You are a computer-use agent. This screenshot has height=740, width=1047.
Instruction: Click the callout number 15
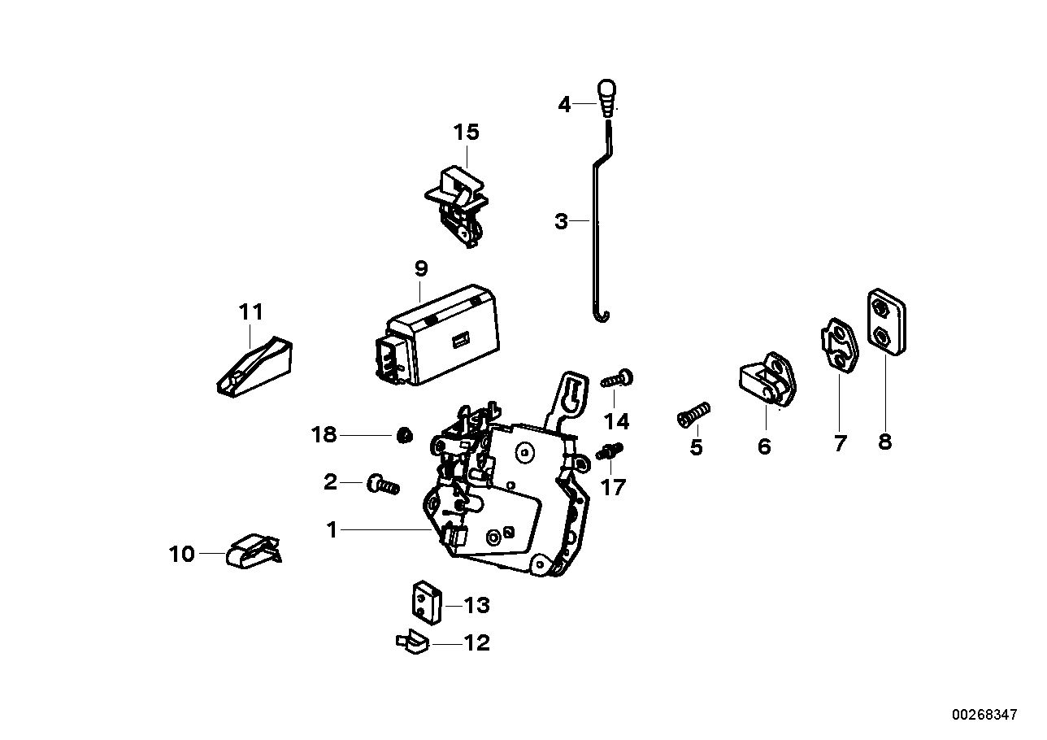point(467,132)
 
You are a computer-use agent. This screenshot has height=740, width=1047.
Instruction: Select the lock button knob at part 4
point(607,98)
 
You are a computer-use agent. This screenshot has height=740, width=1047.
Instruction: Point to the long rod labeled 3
point(597,236)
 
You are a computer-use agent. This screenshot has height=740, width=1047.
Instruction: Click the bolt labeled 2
point(383,485)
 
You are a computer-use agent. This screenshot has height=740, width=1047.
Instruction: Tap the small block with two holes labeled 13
point(423,602)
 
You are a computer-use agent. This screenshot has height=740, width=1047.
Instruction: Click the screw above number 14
point(619,379)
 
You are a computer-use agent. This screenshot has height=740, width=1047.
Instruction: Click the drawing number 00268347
point(984,714)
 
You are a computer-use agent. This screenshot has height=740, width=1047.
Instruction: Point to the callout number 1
point(332,530)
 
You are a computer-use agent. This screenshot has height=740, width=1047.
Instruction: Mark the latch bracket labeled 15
point(458,203)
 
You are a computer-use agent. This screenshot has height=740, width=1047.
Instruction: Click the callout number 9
point(420,268)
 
